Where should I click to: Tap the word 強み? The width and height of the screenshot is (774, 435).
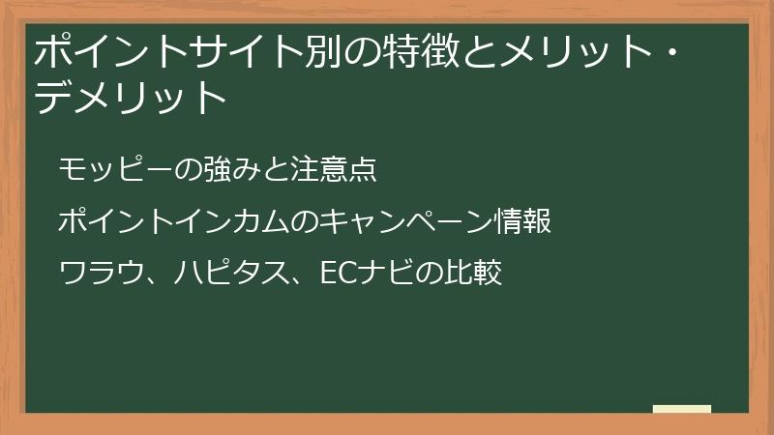[233, 169]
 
